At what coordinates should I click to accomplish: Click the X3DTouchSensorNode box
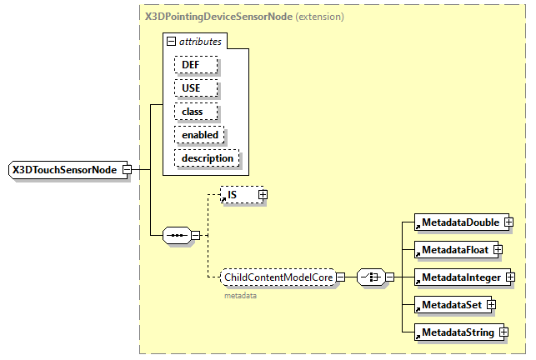(x=64, y=170)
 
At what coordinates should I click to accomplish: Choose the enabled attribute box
(x=200, y=134)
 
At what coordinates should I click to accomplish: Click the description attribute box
(x=207, y=157)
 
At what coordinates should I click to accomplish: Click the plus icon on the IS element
(x=263, y=195)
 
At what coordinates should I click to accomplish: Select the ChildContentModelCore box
(x=278, y=277)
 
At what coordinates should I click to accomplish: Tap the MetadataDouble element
(x=459, y=222)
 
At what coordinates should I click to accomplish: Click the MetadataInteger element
(x=460, y=277)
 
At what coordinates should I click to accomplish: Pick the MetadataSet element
(x=451, y=305)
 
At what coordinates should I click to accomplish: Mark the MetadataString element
(x=458, y=332)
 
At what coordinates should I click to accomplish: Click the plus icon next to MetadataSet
(x=491, y=305)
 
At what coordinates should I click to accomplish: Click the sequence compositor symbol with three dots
(x=177, y=235)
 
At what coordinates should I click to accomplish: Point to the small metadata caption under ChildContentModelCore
(x=240, y=294)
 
